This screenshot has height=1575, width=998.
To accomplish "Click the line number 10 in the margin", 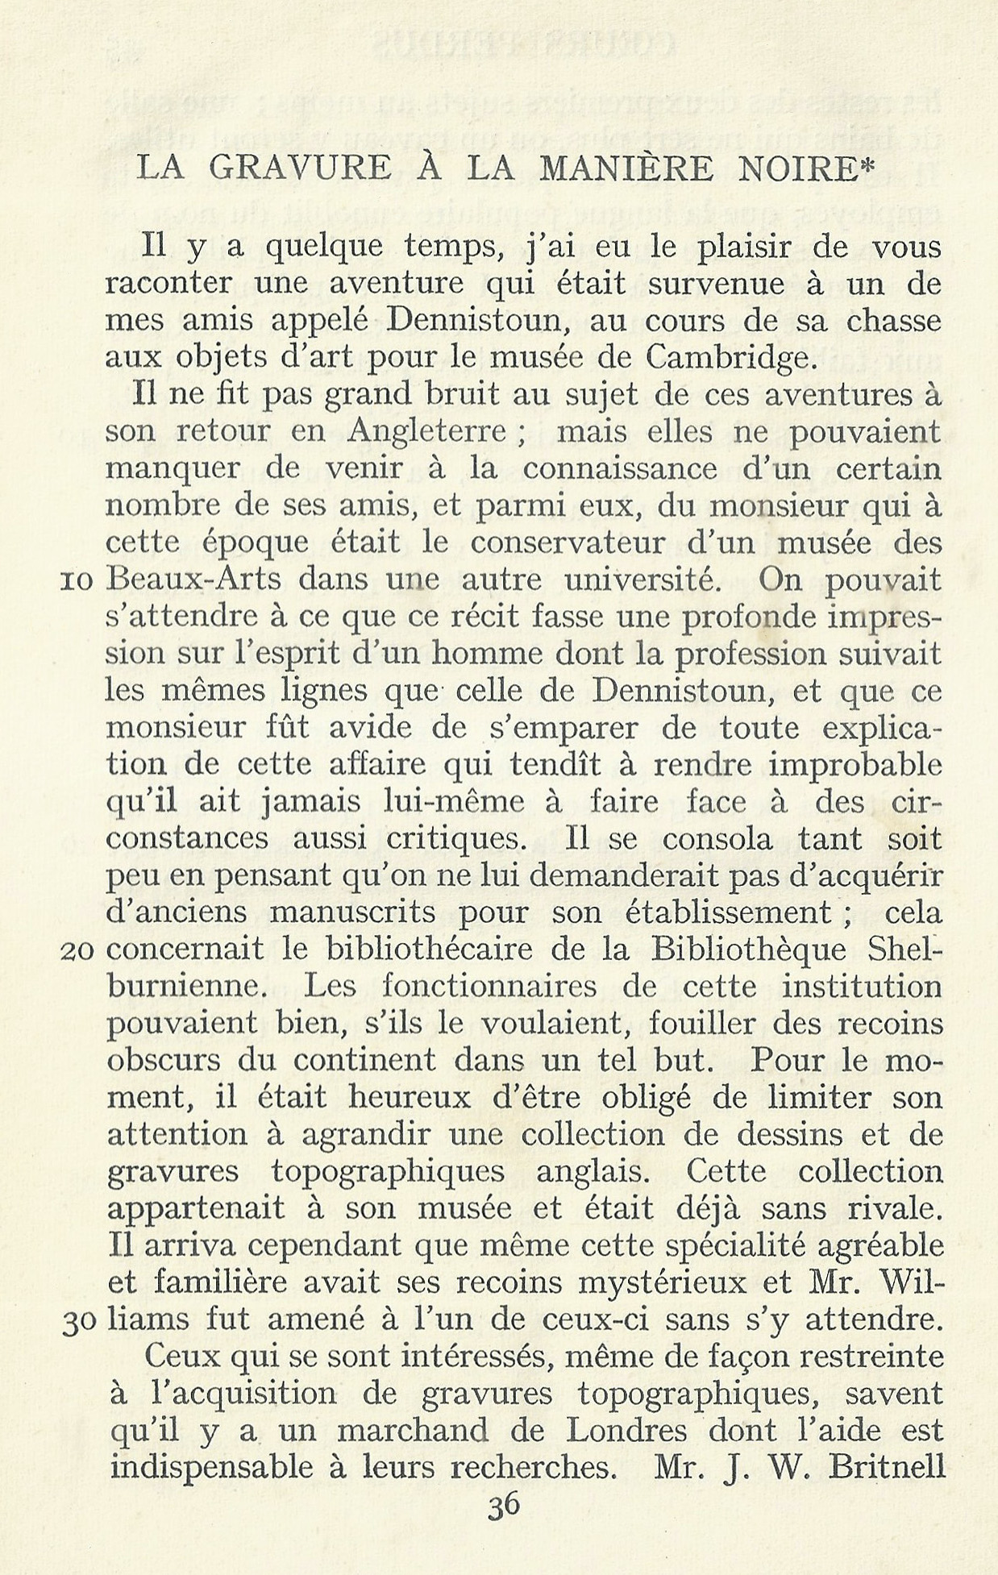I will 79,581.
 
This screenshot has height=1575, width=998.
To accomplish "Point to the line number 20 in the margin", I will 79,951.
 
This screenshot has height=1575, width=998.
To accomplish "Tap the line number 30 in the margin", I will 79,1322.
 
